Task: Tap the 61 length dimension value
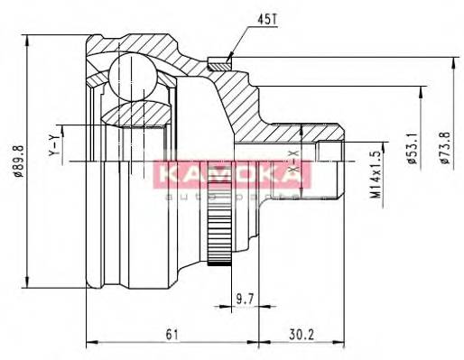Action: (172, 335)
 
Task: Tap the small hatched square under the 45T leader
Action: (218, 62)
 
